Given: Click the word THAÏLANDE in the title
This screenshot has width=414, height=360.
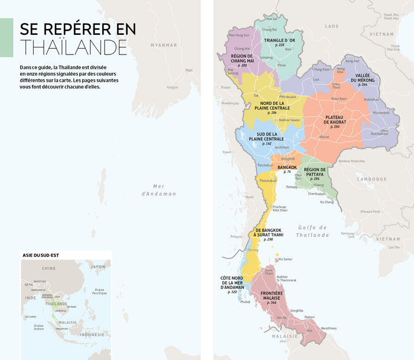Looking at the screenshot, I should (73, 47).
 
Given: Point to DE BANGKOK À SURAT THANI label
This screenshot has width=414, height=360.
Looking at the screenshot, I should (268, 233).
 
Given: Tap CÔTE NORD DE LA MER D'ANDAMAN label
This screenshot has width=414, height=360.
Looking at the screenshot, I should (232, 284).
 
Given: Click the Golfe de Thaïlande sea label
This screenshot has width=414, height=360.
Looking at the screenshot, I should (313, 231).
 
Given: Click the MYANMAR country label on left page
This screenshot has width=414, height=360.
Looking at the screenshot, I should (164, 45).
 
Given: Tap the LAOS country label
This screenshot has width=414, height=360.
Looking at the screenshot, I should (332, 26).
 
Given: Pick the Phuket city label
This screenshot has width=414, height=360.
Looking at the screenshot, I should (245, 301).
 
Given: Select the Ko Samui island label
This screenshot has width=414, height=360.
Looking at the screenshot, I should (285, 259).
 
